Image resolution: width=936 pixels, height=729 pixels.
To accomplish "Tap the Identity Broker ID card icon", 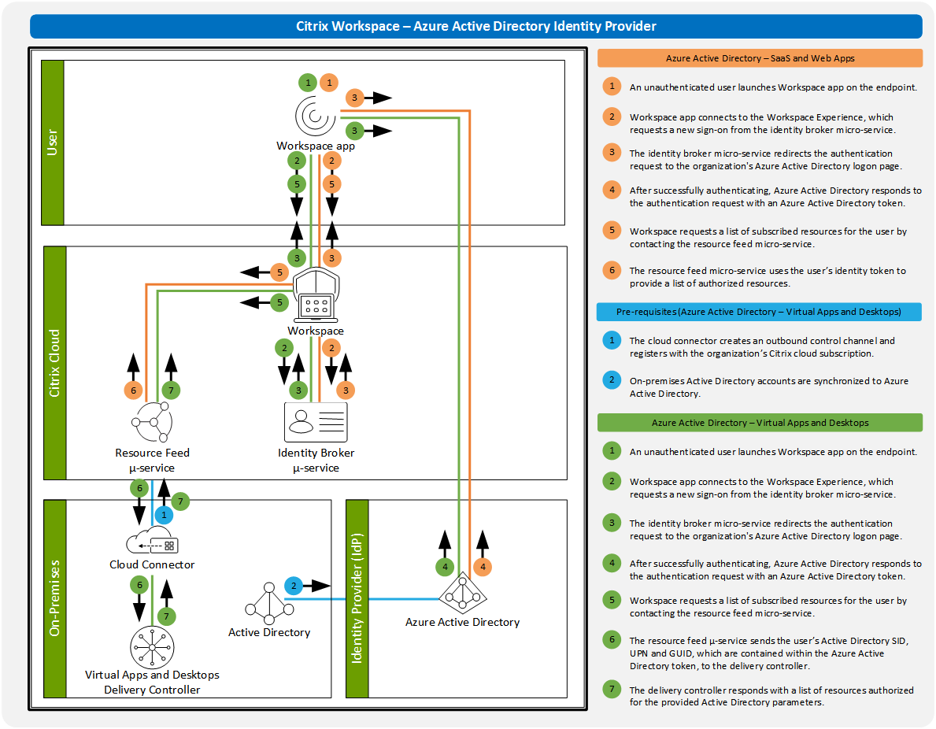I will click(x=315, y=421).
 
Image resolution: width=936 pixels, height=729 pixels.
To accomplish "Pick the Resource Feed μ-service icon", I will click(x=151, y=423).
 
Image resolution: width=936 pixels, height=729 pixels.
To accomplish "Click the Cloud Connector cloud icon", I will click(x=151, y=544).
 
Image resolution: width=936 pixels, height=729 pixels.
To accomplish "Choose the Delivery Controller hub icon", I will click(x=152, y=648).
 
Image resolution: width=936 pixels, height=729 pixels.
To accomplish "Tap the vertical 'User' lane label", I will click(x=53, y=142).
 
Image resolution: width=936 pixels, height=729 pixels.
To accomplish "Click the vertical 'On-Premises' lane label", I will click(x=55, y=598).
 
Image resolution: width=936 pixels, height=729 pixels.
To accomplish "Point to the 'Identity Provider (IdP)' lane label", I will click(x=357, y=598).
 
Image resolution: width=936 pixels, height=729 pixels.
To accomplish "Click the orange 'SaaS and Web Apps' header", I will click(x=760, y=58).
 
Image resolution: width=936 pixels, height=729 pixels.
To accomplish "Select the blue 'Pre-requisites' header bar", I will click(x=759, y=312).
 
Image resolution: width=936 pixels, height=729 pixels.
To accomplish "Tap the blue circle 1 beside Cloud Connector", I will click(x=164, y=515).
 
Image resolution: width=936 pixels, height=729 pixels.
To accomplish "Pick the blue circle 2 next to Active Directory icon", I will click(x=294, y=586).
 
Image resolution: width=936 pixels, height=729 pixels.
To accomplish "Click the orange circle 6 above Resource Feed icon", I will click(x=133, y=390).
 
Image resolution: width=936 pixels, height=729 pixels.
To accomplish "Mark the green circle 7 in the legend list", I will click(x=611, y=690).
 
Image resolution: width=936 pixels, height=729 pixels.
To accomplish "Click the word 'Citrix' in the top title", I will click(x=313, y=26).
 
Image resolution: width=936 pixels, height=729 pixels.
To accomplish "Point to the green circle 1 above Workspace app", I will click(x=308, y=82).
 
